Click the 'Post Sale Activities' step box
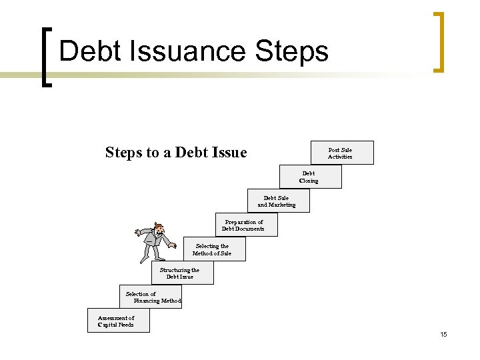click(x=342, y=153)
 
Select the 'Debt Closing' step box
click(x=310, y=177)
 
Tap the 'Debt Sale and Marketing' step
click(x=277, y=201)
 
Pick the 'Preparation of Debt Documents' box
click(x=245, y=225)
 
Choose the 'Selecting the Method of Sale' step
click(x=213, y=249)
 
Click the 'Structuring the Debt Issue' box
click(x=181, y=273)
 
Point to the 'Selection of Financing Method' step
click(x=151, y=297)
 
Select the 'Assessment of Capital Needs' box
click(x=117, y=321)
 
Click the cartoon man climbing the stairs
click(x=157, y=242)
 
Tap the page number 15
click(x=443, y=334)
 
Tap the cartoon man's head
click(x=158, y=227)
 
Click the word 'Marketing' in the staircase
click(x=282, y=205)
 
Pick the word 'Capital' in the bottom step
click(x=107, y=325)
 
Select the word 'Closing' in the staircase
click(x=309, y=181)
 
